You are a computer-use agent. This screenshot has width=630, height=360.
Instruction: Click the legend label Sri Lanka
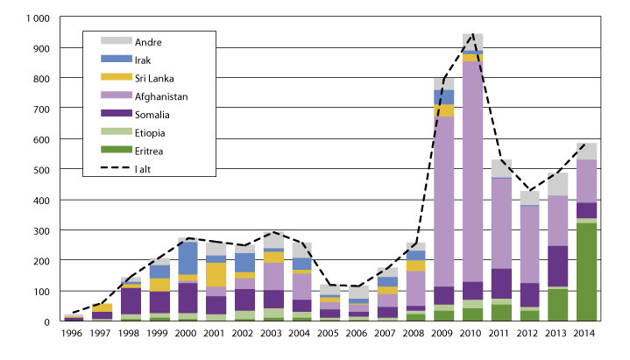point(154,77)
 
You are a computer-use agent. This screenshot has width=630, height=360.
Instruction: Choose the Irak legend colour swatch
point(116,59)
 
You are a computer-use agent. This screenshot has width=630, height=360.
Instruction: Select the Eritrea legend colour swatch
point(116,151)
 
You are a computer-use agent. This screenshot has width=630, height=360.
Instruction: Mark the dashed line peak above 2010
point(473,35)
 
